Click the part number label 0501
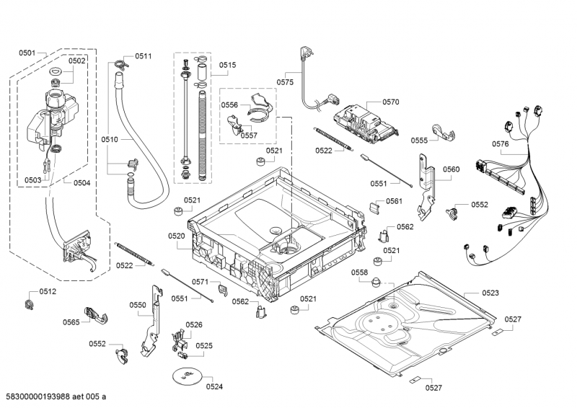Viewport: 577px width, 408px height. tap(27, 53)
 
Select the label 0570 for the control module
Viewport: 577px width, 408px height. tap(391, 102)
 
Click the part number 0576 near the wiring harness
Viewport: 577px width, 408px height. tap(501, 144)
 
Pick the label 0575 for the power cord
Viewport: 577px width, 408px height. tap(285, 82)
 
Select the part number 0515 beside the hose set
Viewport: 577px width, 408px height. tap(228, 65)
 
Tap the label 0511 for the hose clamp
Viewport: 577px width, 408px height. tap(144, 56)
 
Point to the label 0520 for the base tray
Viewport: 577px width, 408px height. tap(177, 236)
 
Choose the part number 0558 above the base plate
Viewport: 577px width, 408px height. tap(360, 272)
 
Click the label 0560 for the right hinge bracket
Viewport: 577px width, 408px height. tap(451, 169)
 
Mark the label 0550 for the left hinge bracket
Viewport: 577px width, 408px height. tap(138, 305)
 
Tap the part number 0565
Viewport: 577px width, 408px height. tap(71, 322)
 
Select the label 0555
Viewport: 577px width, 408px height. tap(420, 141)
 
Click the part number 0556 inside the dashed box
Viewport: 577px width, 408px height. tap(229, 105)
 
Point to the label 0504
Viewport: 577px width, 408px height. tap(82, 183)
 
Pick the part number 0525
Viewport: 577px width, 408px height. tap(204, 346)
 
